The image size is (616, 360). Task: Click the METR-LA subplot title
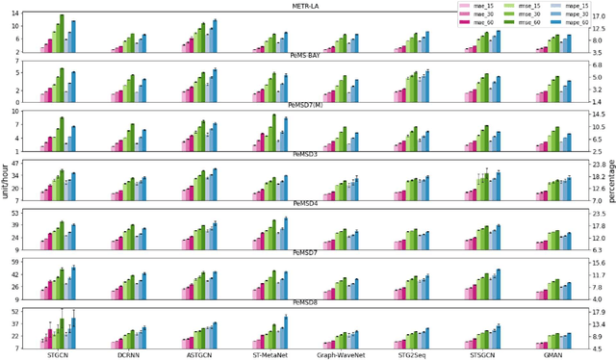[307, 6]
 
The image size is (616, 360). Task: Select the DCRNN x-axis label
[127, 354]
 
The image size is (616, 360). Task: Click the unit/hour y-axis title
[7, 180]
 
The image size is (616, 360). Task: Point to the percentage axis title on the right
[609, 180]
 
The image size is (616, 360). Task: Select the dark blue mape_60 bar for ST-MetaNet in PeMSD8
[286, 331]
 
